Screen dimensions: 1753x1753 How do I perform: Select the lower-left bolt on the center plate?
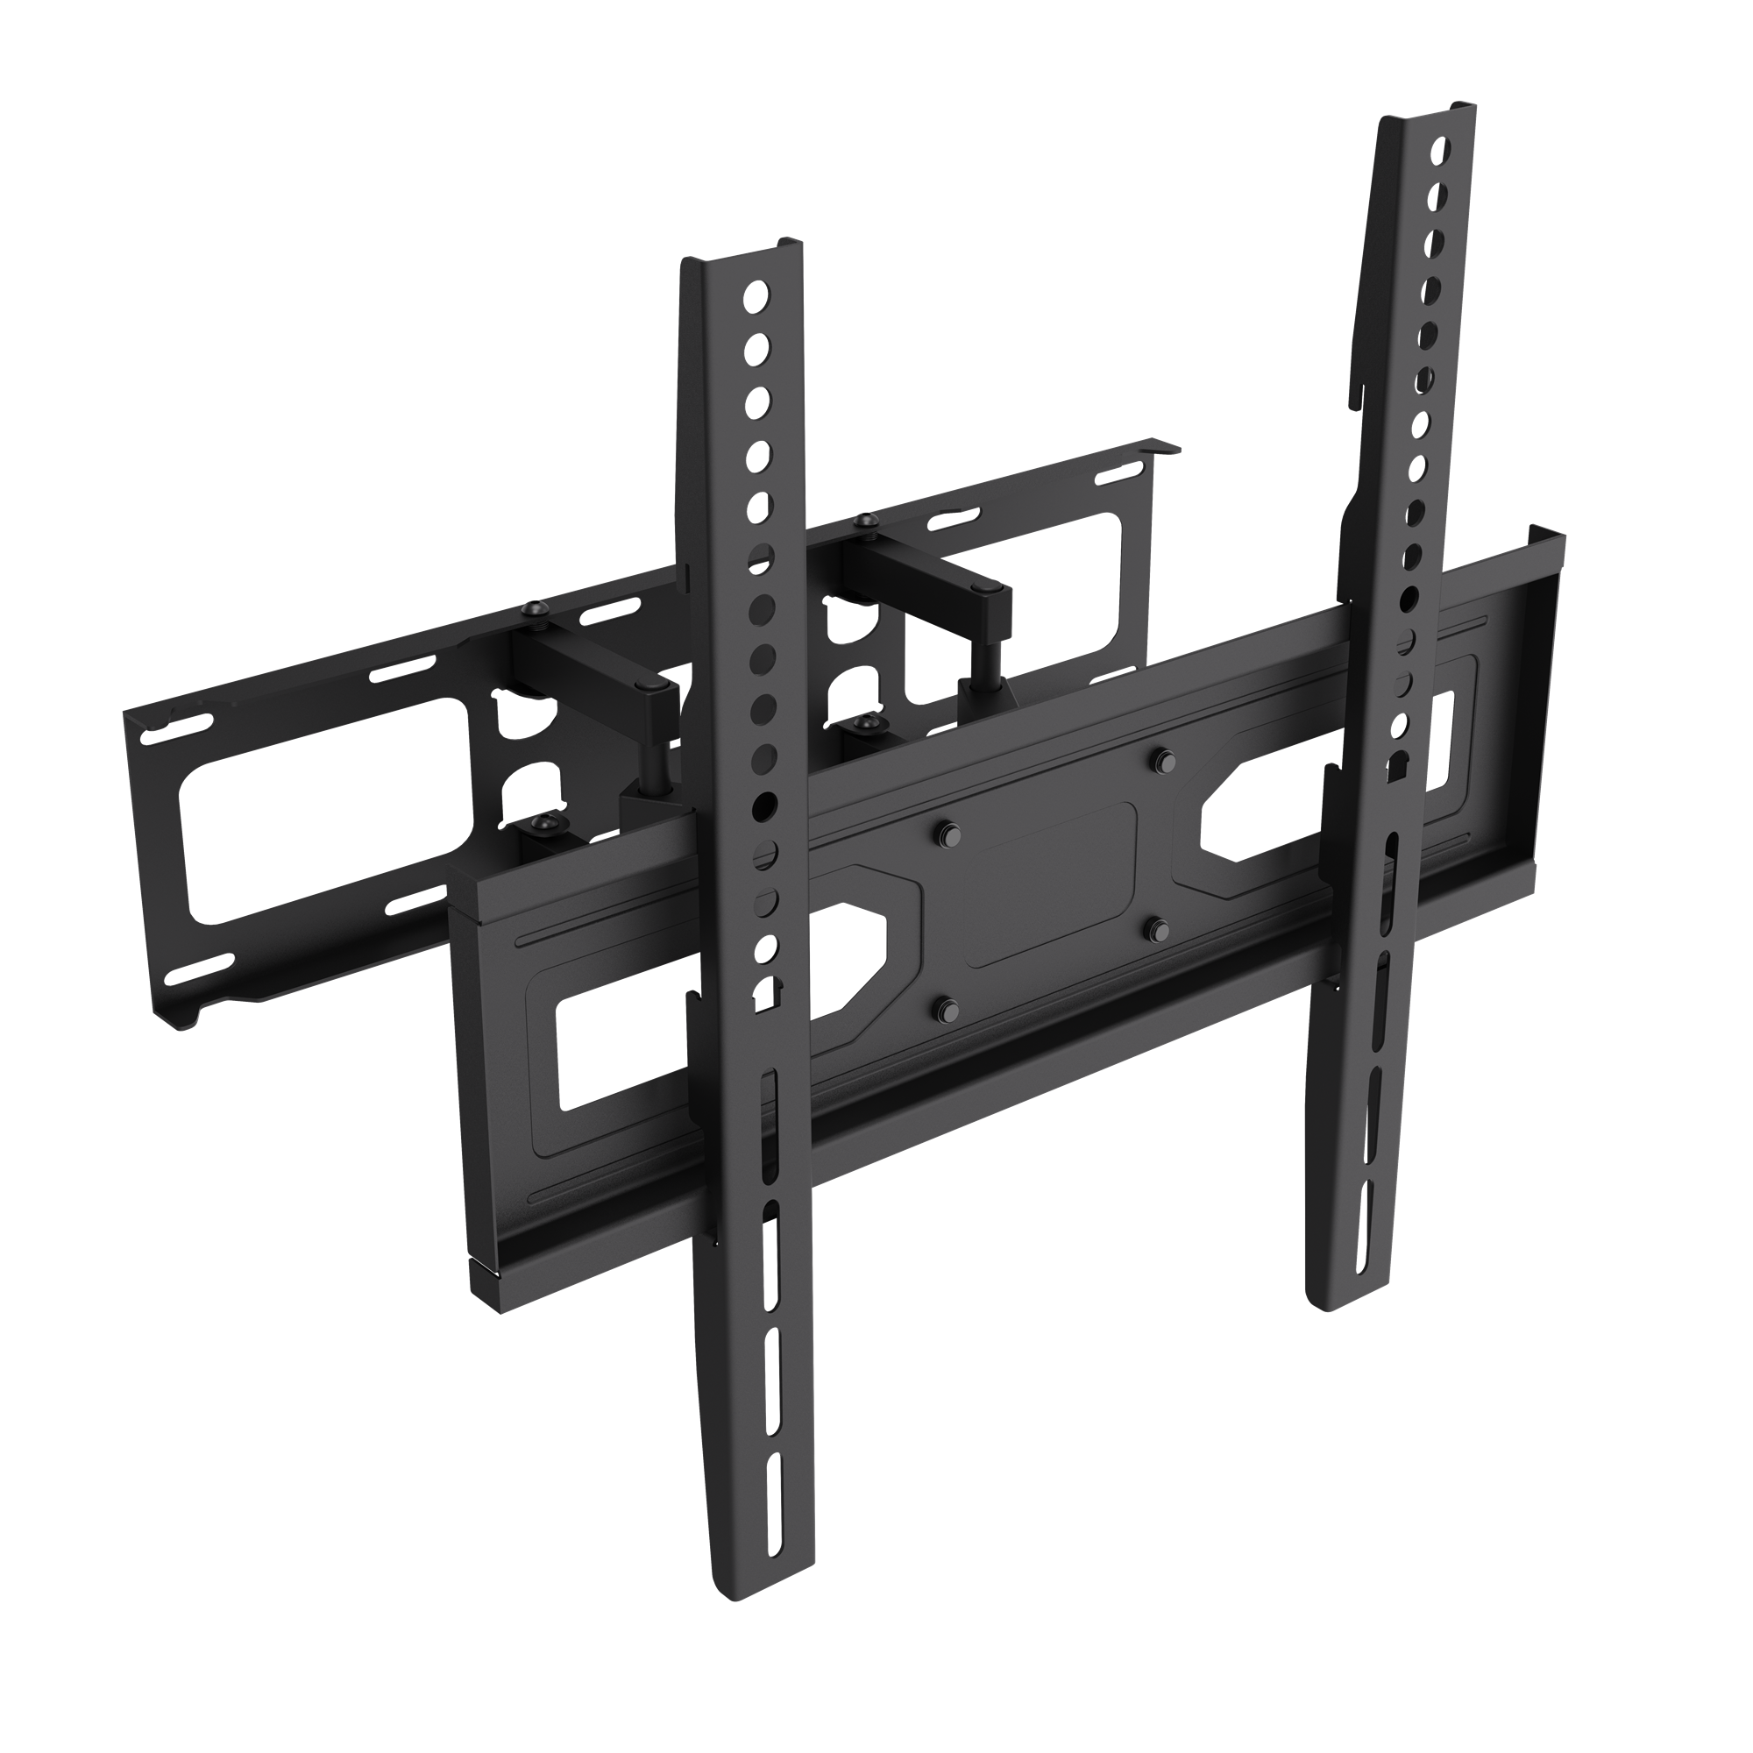[947, 1007]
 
